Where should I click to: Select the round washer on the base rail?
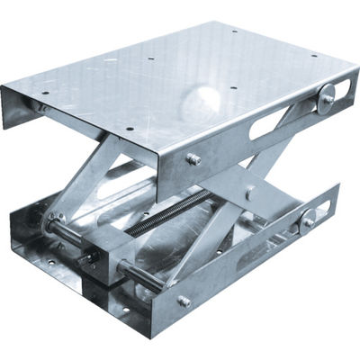[x=309, y=217]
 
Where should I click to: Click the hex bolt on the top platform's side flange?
[x=193, y=158]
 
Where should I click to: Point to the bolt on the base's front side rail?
[x=184, y=301]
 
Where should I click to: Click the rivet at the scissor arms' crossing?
[x=248, y=193]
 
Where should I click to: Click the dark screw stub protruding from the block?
[x=86, y=258]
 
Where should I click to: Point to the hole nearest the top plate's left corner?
[x=42, y=91]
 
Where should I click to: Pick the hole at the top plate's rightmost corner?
[x=315, y=56]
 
